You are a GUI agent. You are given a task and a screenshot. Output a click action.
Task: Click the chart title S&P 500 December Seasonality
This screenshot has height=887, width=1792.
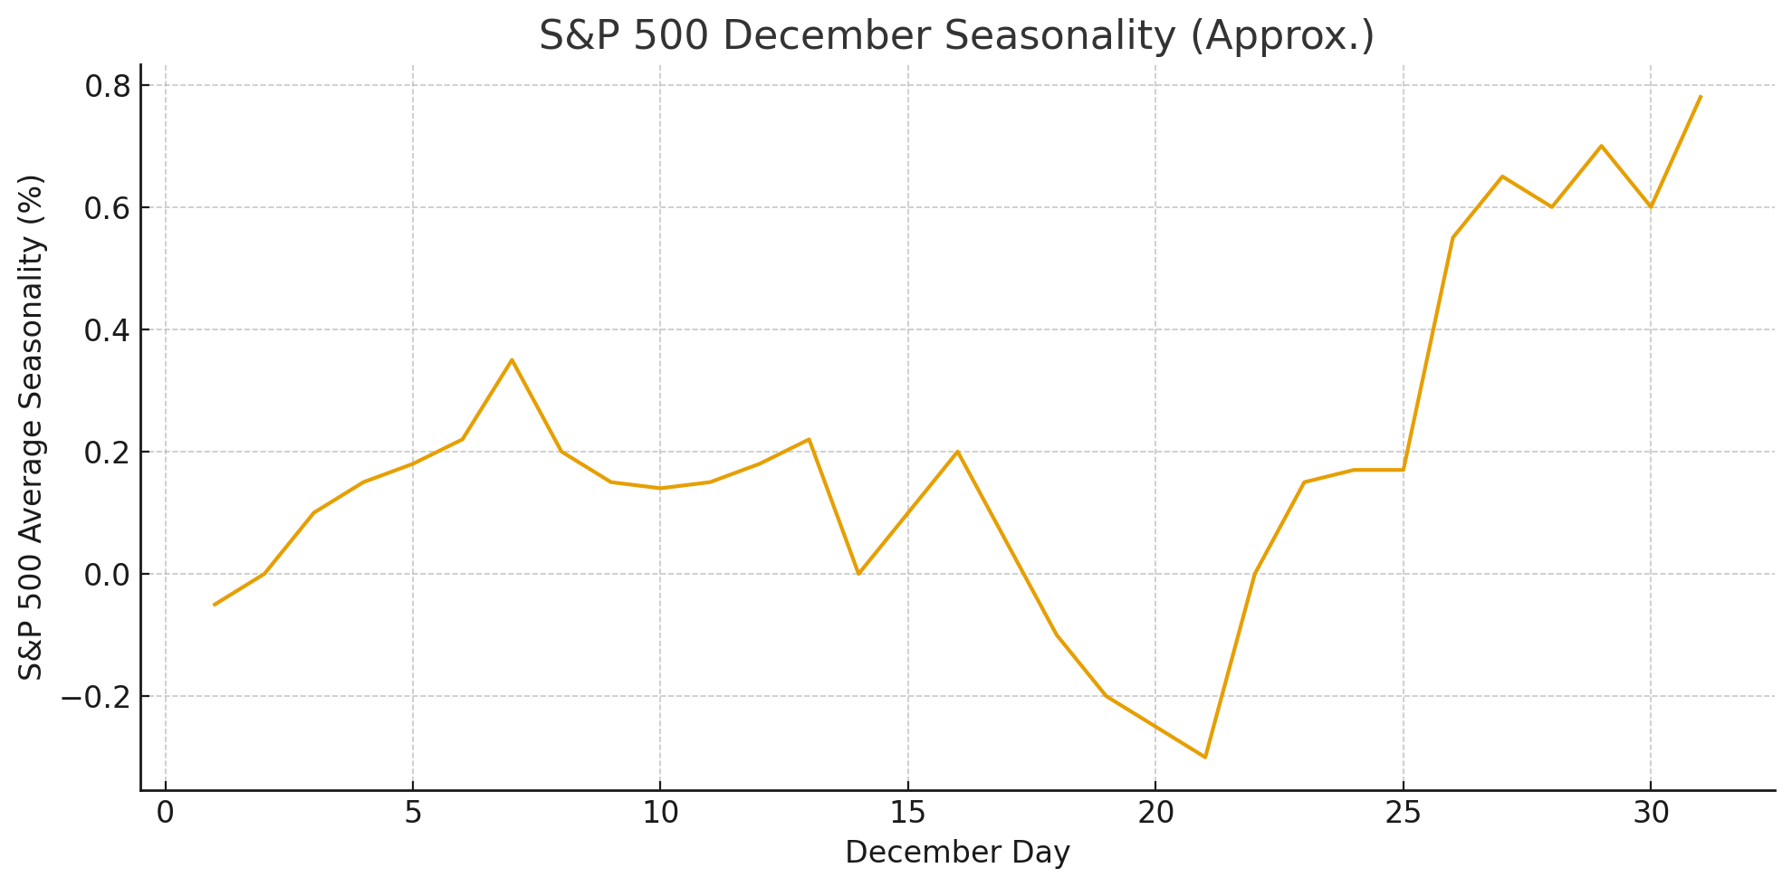coord(956,36)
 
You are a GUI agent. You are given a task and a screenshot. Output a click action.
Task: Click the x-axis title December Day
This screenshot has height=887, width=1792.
coord(957,853)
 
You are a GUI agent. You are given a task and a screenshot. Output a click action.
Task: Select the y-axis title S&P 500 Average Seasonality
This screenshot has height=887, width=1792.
coord(32,427)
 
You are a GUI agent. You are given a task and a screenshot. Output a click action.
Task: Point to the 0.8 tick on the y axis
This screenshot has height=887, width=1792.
coord(107,86)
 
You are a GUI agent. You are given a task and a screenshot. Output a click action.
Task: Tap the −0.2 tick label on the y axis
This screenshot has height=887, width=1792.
coord(95,697)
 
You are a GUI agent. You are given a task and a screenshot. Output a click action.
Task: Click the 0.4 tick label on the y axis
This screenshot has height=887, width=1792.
coord(107,330)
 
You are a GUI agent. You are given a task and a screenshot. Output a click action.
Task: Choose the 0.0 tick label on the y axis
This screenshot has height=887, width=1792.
coord(107,575)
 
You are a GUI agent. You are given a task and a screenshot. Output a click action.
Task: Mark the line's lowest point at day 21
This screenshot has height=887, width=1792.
coord(1205,757)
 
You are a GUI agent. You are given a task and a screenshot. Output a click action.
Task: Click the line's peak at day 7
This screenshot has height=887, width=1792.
coord(512,359)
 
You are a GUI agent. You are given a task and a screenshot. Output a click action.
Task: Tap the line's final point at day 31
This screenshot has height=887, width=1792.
coord(1701,97)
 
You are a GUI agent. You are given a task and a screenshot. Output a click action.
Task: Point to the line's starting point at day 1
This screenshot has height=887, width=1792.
coord(215,605)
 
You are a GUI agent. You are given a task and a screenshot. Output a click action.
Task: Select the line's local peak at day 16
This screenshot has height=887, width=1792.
coord(957,452)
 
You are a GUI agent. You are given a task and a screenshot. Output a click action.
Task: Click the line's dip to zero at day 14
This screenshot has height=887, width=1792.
coord(858,574)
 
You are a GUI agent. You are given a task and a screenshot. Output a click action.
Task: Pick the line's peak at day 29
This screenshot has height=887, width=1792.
coord(1601,146)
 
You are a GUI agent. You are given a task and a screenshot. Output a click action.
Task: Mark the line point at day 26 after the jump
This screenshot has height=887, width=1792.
coord(1452,237)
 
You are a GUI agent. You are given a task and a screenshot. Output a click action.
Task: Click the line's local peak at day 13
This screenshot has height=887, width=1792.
coord(809,439)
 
